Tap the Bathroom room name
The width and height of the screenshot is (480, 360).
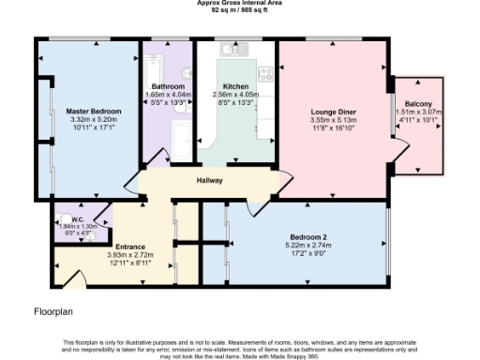coord(168,86)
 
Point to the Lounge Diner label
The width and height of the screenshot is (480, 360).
coord(334,112)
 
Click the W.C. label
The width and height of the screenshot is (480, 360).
coord(65,217)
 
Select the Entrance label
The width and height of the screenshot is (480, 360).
coord(130,247)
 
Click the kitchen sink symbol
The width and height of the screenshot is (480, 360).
coord(229,50)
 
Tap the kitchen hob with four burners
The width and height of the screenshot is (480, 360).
coord(266,71)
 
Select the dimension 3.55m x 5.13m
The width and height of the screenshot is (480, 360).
coord(334,120)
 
